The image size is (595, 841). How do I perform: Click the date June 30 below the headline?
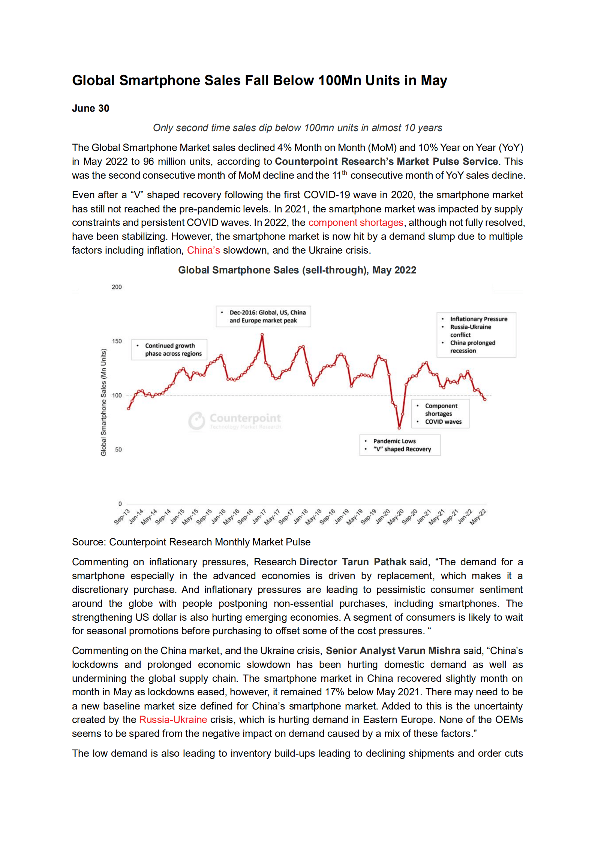[90, 108]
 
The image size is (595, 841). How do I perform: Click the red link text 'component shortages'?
[355, 223]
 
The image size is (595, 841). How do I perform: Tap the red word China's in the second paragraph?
[203, 250]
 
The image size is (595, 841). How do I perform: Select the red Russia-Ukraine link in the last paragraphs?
[173, 720]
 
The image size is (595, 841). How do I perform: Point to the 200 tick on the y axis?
[117, 287]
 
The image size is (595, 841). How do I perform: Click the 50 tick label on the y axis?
[118, 450]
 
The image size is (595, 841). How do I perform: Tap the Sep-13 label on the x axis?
[122, 517]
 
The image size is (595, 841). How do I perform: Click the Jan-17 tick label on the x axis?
[259, 517]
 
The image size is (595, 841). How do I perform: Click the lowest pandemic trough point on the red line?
[399, 427]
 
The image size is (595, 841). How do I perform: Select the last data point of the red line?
[485, 399]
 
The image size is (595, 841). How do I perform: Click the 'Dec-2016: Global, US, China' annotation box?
[263, 316]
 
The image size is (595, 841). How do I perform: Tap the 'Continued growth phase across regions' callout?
[169, 350]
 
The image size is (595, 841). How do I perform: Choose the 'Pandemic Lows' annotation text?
[394, 441]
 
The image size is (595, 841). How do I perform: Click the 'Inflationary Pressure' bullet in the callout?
[478, 319]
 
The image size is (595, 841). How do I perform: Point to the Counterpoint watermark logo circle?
[196, 420]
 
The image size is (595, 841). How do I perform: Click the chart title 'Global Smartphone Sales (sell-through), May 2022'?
[297, 270]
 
